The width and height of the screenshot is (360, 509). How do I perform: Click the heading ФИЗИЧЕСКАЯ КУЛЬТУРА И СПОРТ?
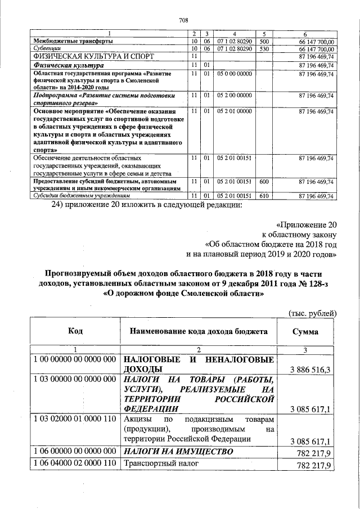tap(93, 57)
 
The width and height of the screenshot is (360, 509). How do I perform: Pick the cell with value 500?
tap(265, 42)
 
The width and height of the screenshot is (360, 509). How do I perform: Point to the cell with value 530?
tap(265, 49)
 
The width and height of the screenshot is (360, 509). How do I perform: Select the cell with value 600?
tap(265, 182)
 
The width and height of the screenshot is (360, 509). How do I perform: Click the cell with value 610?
tap(265, 195)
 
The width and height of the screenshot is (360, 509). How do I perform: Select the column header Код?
tap(76, 332)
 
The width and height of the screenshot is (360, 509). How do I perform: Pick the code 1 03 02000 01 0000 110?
tap(75, 420)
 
